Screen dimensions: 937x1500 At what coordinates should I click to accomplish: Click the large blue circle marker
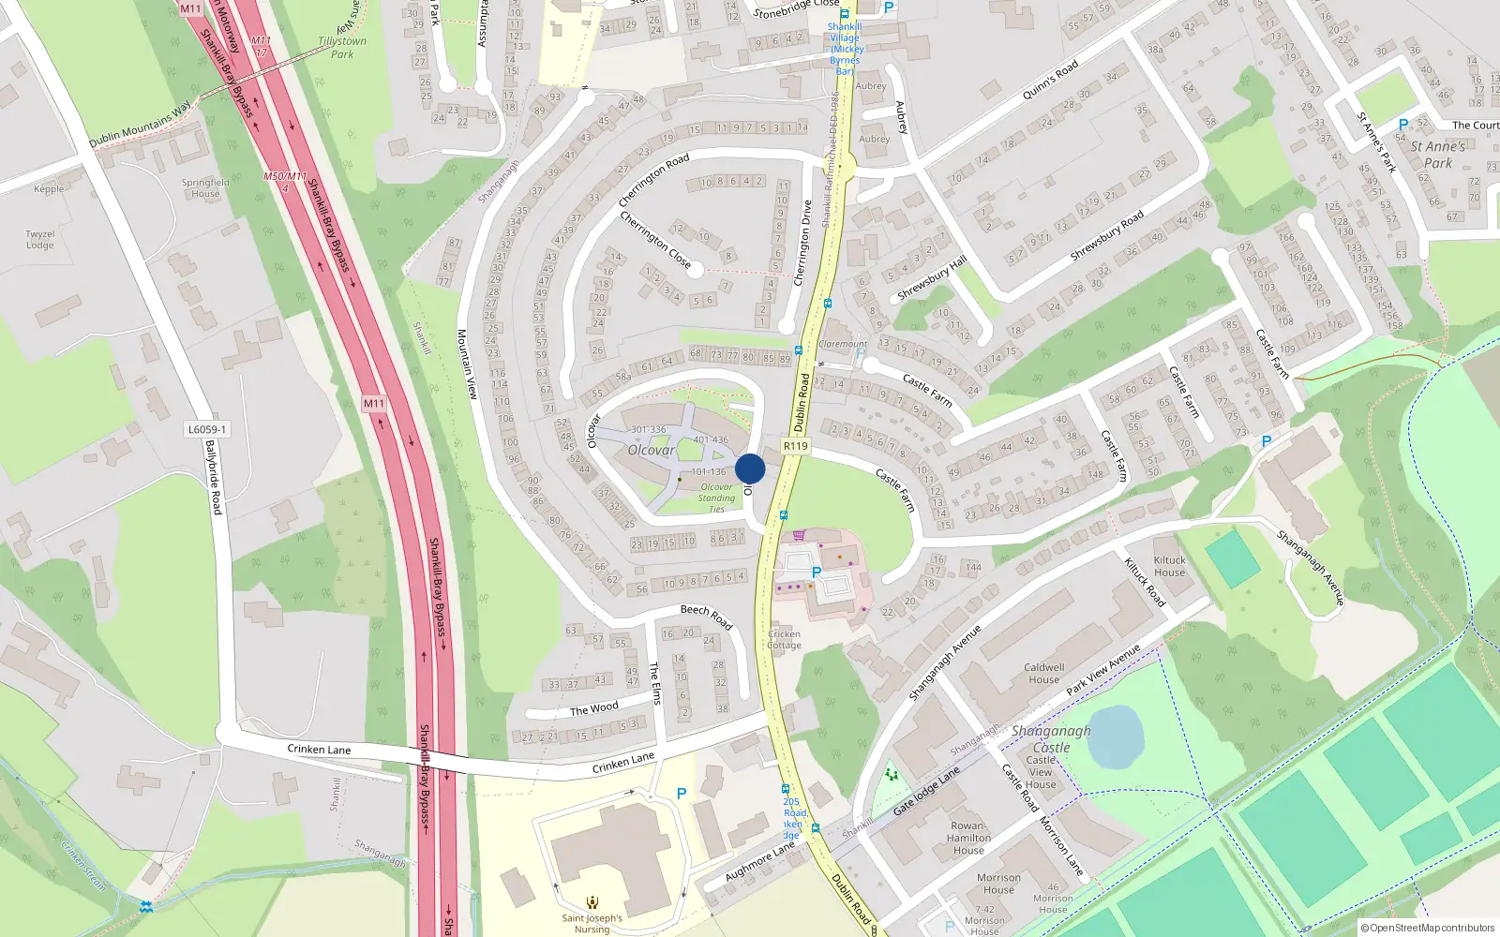[x=750, y=468]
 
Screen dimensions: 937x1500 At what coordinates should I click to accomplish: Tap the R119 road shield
[x=795, y=446]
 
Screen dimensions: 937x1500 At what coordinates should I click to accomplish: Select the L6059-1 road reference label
[x=206, y=429]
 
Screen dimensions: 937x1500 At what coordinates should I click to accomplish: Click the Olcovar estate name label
[x=652, y=450]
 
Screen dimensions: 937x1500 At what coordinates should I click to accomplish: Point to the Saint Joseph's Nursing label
[x=592, y=923]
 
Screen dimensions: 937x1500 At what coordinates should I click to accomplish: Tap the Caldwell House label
[x=1043, y=674]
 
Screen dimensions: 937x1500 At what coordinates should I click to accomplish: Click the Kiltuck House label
[x=1169, y=566]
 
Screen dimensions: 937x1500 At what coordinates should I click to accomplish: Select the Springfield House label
[x=205, y=188]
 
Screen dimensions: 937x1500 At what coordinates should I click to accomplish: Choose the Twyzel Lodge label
[x=40, y=240]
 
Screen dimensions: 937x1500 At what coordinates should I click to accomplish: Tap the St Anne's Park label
[x=1437, y=155]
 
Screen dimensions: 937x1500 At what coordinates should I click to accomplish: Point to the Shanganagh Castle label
[x=1051, y=738]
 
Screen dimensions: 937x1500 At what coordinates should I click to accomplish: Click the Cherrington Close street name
[x=655, y=238]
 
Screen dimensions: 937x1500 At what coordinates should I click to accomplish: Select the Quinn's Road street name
[x=1050, y=81]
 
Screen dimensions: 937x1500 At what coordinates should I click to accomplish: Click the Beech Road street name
[x=706, y=616]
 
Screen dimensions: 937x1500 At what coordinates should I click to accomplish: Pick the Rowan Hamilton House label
[x=968, y=839]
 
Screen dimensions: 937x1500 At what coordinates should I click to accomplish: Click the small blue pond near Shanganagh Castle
[x=1116, y=736]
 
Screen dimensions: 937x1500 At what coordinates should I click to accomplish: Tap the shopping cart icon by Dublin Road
[x=799, y=535]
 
